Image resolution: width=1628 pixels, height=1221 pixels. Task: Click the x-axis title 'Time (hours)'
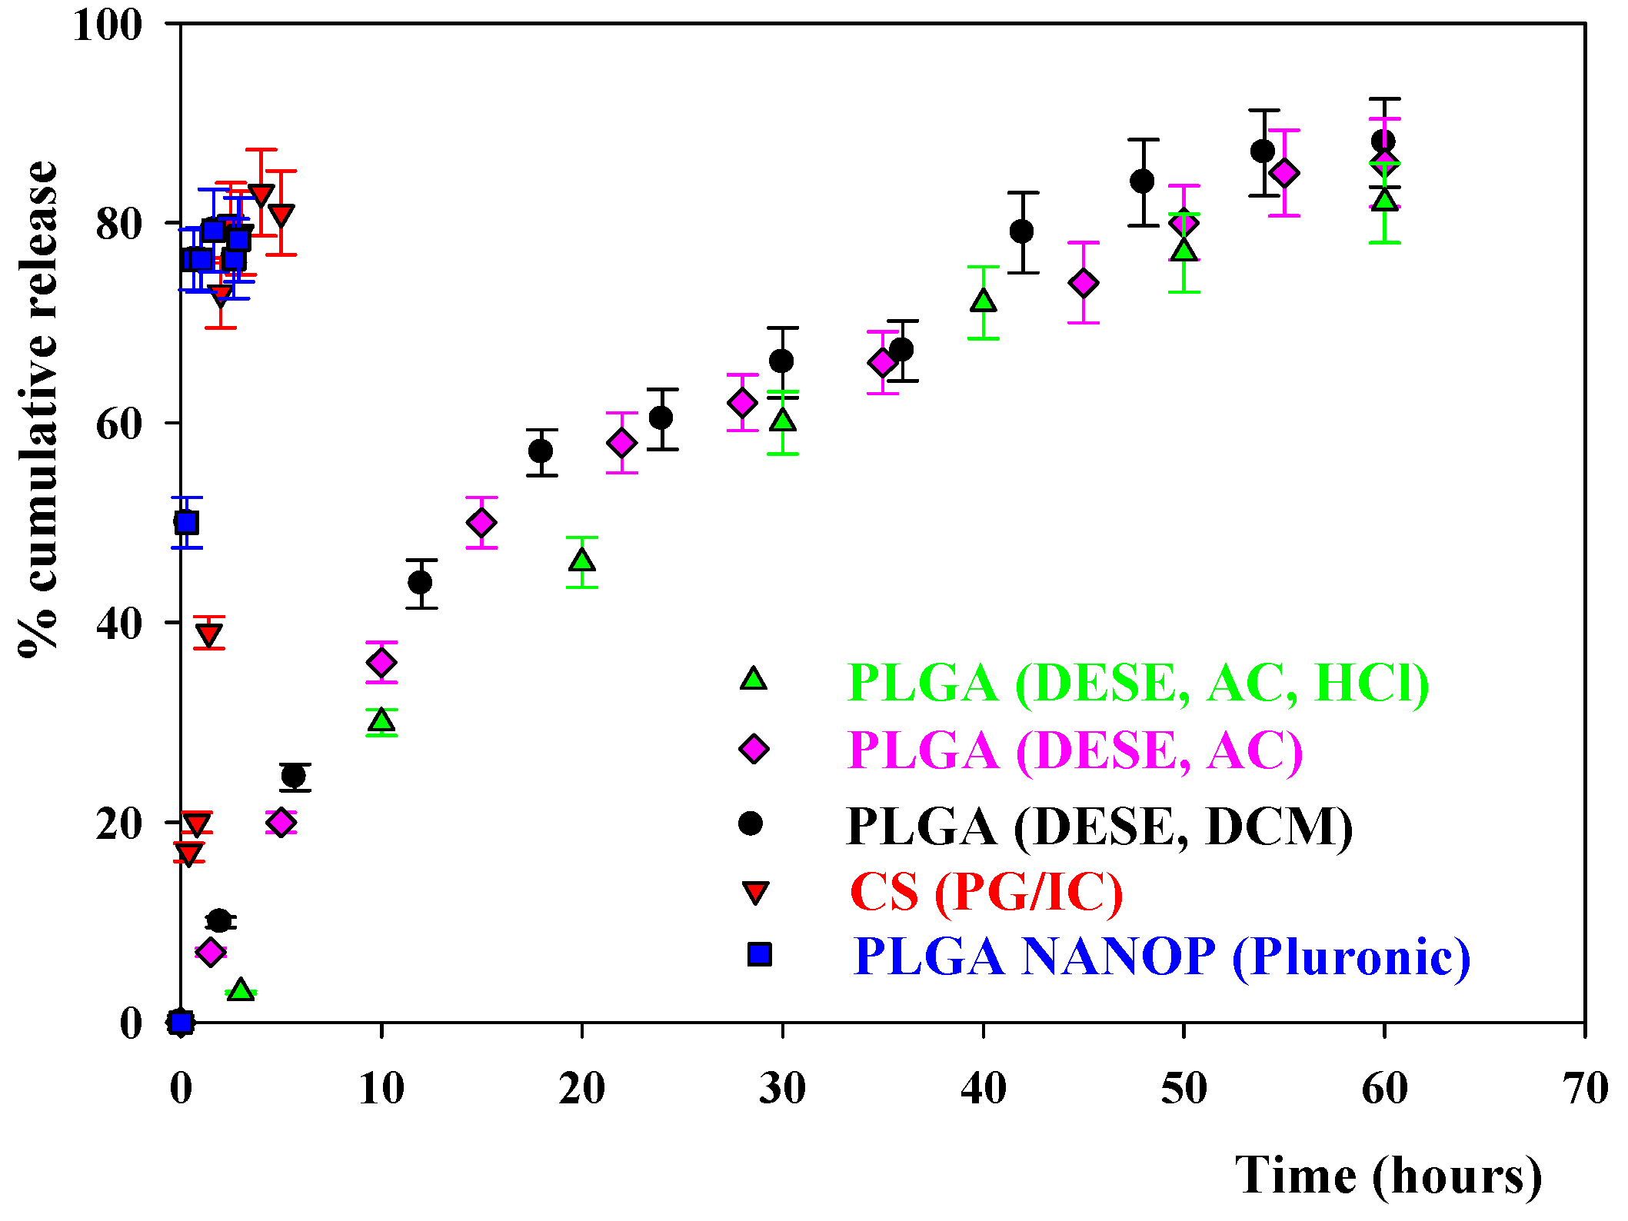(x=1388, y=1176)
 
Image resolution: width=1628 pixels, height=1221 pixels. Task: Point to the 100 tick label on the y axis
(x=108, y=25)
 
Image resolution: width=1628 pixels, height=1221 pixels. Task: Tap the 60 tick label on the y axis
(x=119, y=424)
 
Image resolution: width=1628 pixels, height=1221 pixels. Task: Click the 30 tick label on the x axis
(x=782, y=1089)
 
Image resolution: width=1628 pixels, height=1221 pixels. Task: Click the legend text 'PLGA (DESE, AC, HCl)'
(x=1137, y=682)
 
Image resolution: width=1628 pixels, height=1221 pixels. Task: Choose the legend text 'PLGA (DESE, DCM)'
(x=1099, y=827)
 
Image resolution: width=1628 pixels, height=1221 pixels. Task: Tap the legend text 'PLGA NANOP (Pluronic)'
(x=1161, y=957)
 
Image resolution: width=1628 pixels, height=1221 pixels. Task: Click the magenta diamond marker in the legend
(x=754, y=748)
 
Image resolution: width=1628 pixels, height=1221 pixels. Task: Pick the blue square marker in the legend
(x=759, y=954)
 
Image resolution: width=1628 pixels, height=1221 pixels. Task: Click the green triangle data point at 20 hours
(x=582, y=561)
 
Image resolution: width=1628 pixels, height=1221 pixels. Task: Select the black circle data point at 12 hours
(x=420, y=582)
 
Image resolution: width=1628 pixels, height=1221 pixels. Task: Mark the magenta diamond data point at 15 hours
(x=481, y=523)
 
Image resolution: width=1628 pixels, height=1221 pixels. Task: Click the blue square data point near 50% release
(x=186, y=523)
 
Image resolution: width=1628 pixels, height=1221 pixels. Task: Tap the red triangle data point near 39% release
(x=209, y=634)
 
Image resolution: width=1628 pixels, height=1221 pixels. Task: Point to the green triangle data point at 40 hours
(x=984, y=301)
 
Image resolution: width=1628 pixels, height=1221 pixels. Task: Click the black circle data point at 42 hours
(x=1022, y=231)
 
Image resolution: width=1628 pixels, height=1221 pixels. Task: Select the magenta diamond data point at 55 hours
(x=1284, y=174)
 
